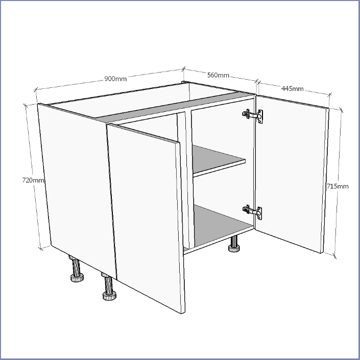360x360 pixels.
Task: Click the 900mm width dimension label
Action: pyautogui.click(x=115, y=79)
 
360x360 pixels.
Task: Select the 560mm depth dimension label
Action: pyautogui.click(x=218, y=75)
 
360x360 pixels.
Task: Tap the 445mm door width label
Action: pyautogui.click(x=292, y=88)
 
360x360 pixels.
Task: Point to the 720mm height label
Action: pyautogui.click(x=33, y=180)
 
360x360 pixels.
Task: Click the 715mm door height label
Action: pyautogui.click(x=338, y=186)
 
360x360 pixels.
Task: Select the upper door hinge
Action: pyautogui.click(x=253, y=116)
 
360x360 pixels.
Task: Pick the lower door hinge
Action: pyautogui.click(x=253, y=212)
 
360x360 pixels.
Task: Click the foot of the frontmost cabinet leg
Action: pyautogui.click(x=109, y=296)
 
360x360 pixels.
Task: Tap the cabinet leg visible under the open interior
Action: pyautogui.click(x=234, y=244)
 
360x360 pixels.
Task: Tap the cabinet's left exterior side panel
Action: pyautogui.click(x=77, y=190)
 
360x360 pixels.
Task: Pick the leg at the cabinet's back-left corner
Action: pyautogui.click(x=77, y=269)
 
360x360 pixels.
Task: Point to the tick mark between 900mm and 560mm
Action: pyautogui.click(x=184, y=69)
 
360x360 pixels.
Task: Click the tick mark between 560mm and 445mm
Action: pyautogui.click(x=257, y=81)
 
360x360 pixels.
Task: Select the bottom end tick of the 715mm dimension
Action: pyautogui.click(x=334, y=256)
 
